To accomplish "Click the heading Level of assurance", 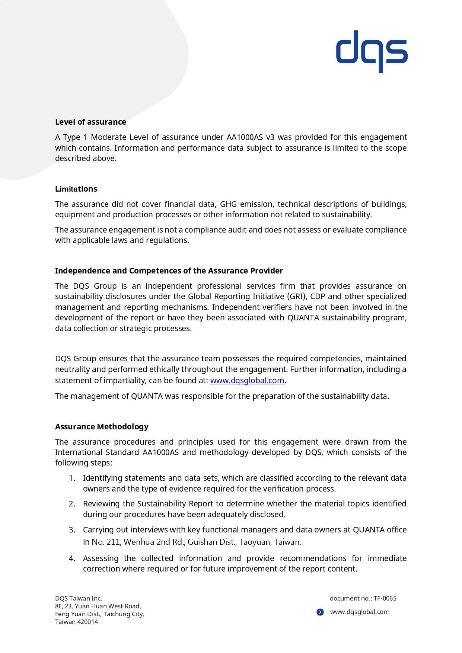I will (90, 122).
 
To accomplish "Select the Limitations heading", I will (76, 189).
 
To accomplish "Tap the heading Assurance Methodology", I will (102, 427).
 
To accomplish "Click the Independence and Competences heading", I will (169, 271).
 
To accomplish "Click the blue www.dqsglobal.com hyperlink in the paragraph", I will (247, 381).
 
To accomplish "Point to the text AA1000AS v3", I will (250, 137).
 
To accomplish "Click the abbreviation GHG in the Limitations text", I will (228, 204).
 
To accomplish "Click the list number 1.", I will (72, 478).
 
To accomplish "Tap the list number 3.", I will (72, 530).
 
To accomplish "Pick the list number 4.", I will (72, 558).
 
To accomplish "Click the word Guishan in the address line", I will (200, 542).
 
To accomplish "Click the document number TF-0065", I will (385, 598).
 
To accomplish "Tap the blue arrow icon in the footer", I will (320, 612).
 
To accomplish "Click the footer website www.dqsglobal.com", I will (360, 612).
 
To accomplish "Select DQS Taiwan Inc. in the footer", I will (78, 598).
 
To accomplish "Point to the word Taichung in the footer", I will (115, 614).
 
